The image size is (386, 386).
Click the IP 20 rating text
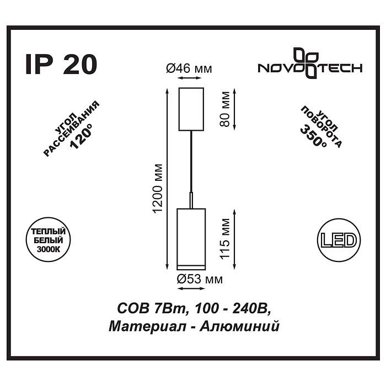point(61,65)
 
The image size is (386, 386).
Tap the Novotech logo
point(310,64)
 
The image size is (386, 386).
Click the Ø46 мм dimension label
point(189,69)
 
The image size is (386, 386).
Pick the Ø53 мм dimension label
point(200,280)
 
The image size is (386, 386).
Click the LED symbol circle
point(337,240)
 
